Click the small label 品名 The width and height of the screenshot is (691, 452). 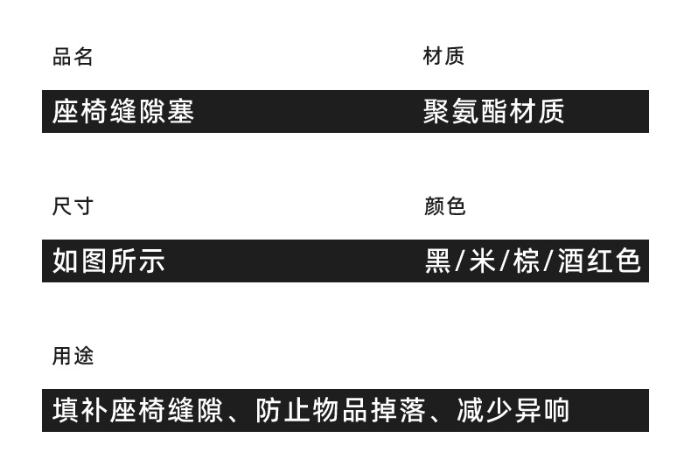coord(73,58)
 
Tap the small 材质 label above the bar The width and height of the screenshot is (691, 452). coord(443,57)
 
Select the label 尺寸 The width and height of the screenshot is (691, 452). coord(73,207)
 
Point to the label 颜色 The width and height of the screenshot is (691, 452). coord(444,206)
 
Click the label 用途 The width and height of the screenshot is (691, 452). coord(73,357)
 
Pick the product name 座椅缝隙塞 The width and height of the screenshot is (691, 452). coord(122,112)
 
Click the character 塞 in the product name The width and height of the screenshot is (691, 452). coord(180,112)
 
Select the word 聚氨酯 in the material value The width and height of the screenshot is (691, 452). coord(464,112)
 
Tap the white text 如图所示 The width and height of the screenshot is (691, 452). coord(108,261)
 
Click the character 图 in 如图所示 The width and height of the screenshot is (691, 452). coord(94,261)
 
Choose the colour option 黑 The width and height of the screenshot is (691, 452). coord(437,261)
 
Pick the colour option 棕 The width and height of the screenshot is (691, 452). coord(527,261)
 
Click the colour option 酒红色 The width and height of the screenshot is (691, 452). coord(600,261)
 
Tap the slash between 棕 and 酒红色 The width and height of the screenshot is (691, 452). coord(548,261)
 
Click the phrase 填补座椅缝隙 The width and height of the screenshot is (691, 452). coord(137,411)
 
